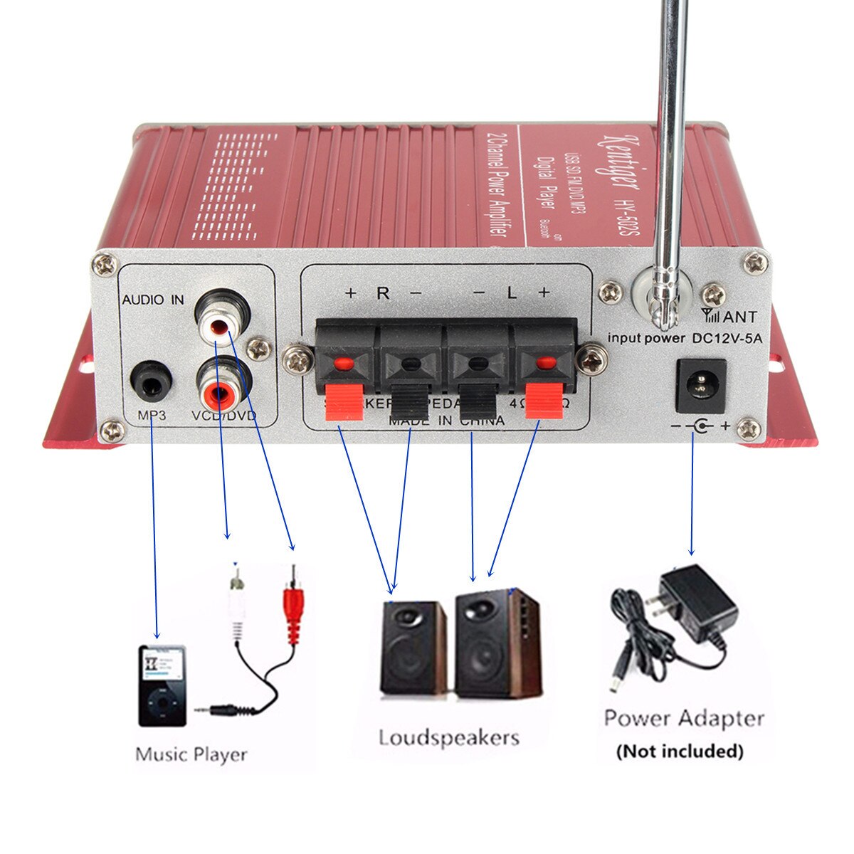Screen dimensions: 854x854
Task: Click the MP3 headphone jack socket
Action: [x=151, y=382]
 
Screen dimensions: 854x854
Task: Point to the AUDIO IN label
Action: [x=152, y=300]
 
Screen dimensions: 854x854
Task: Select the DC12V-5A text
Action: [x=727, y=339]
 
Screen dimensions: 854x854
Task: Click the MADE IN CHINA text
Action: [x=446, y=421]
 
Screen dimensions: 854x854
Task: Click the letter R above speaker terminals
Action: [x=383, y=293]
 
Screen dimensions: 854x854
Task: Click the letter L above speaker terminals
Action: [x=511, y=293]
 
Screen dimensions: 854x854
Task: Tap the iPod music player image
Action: [x=162, y=685]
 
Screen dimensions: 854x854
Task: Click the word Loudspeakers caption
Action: [x=448, y=737]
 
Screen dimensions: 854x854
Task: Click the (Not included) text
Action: [x=680, y=751]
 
